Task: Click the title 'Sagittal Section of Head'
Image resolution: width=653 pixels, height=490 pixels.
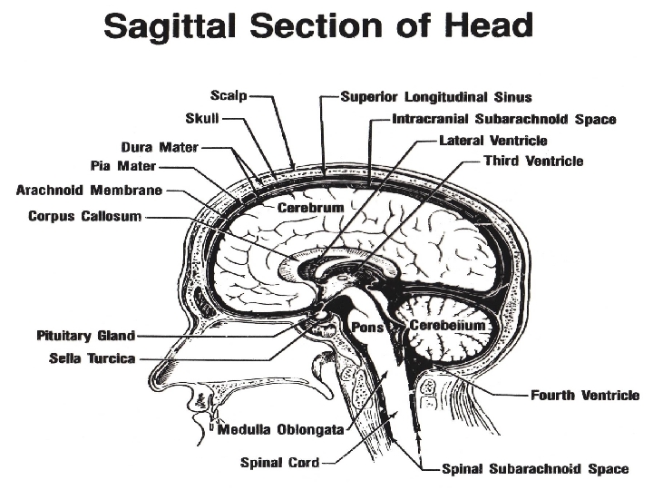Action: pyautogui.click(x=318, y=25)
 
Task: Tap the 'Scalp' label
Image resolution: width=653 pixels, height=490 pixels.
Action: pyautogui.click(x=228, y=94)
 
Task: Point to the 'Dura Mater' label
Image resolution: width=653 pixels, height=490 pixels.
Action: pyautogui.click(x=159, y=146)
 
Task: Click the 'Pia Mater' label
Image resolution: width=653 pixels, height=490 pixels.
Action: pyautogui.click(x=123, y=166)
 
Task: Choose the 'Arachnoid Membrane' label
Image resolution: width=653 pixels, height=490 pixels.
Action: pyautogui.click(x=89, y=191)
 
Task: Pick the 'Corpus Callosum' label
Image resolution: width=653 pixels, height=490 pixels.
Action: pyautogui.click(x=84, y=217)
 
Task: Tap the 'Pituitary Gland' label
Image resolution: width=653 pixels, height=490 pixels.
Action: pyautogui.click(x=85, y=335)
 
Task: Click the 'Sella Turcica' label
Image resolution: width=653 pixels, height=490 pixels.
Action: pyautogui.click(x=92, y=358)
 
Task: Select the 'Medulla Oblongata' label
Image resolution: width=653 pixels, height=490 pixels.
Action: pyautogui.click(x=280, y=429)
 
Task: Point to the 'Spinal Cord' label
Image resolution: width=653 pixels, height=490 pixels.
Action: pyautogui.click(x=279, y=463)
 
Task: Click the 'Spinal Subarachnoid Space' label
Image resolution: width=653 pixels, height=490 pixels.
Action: pyautogui.click(x=534, y=469)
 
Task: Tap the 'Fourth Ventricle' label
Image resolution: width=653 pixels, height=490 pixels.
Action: pyautogui.click(x=584, y=396)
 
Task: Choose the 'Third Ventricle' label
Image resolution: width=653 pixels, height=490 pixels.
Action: pyautogui.click(x=533, y=162)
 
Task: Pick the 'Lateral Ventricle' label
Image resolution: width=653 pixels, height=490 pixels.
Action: pyautogui.click(x=492, y=141)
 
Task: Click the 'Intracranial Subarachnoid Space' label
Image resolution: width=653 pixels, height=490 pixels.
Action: pyautogui.click(x=503, y=119)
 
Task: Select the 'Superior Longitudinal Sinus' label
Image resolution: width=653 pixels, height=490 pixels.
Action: pyautogui.click(x=435, y=95)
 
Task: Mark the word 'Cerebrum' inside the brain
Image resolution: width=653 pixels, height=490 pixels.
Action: pyautogui.click(x=310, y=208)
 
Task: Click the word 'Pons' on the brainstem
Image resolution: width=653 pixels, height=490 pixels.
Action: pyautogui.click(x=369, y=328)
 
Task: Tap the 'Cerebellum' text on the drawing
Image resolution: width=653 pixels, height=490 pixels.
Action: pyautogui.click(x=448, y=325)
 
